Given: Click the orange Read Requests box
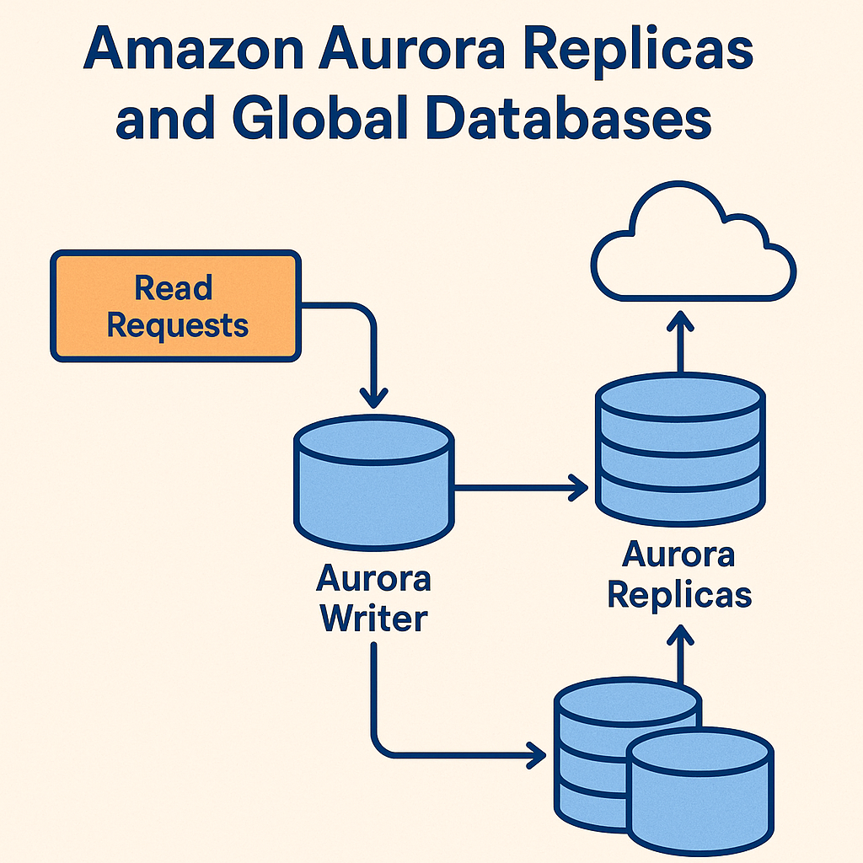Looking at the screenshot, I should (175, 306).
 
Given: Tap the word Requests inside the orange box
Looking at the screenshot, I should (177, 325).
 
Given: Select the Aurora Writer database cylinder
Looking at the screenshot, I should (373, 485).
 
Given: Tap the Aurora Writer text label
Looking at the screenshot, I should (373, 599).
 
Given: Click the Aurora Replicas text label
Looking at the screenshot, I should (679, 574).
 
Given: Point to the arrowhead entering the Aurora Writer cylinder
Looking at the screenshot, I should (373, 396).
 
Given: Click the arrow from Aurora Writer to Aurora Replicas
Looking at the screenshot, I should (518, 485).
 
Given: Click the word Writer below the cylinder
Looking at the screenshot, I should (373, 619).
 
